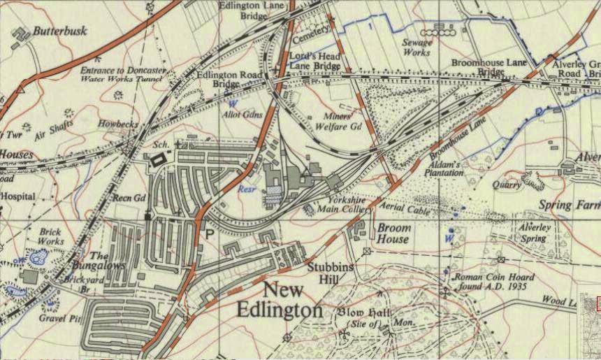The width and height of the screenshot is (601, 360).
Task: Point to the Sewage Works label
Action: pos(417,47)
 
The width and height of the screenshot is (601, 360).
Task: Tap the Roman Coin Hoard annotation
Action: pos(494,282)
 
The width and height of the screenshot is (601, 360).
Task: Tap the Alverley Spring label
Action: pos(535,233)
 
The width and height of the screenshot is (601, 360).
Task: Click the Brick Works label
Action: pos(50,236)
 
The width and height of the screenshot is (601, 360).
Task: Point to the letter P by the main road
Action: pos(209,235)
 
